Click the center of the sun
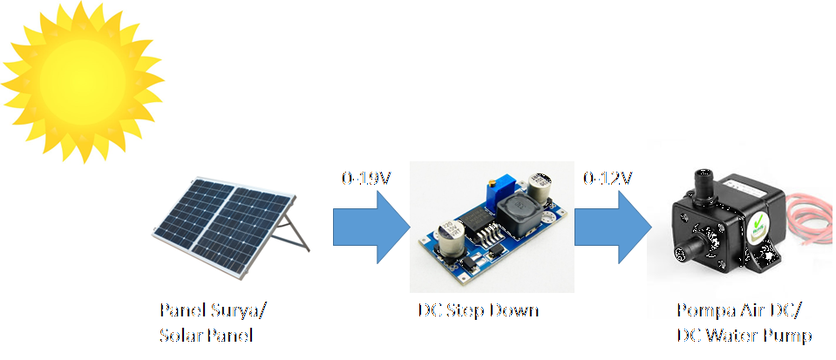click(x=80, y=75)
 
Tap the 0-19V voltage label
click(x=366, y=179)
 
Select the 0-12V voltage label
click(x=608, y=179)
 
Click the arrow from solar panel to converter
click(x=370, y=228)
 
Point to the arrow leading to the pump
click(x=612, y=228)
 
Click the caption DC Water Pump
click(x=744, y=335)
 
